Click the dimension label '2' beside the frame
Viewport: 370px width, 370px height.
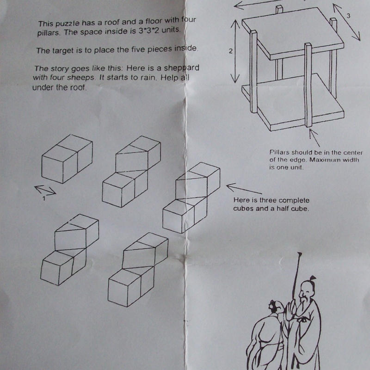coord(230,51)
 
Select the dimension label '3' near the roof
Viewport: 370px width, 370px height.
coord(348,16)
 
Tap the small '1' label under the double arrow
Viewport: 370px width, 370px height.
coord(43,198)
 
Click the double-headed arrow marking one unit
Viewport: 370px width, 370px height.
coord(45,190)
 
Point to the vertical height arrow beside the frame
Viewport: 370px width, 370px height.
coord(235,51)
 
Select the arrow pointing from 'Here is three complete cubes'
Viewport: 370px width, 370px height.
coord(244,189)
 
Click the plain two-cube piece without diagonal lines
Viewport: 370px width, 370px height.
coord(67,159)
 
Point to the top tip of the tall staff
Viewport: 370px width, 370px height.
coord(300,253)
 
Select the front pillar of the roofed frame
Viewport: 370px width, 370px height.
coord(308,85)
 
